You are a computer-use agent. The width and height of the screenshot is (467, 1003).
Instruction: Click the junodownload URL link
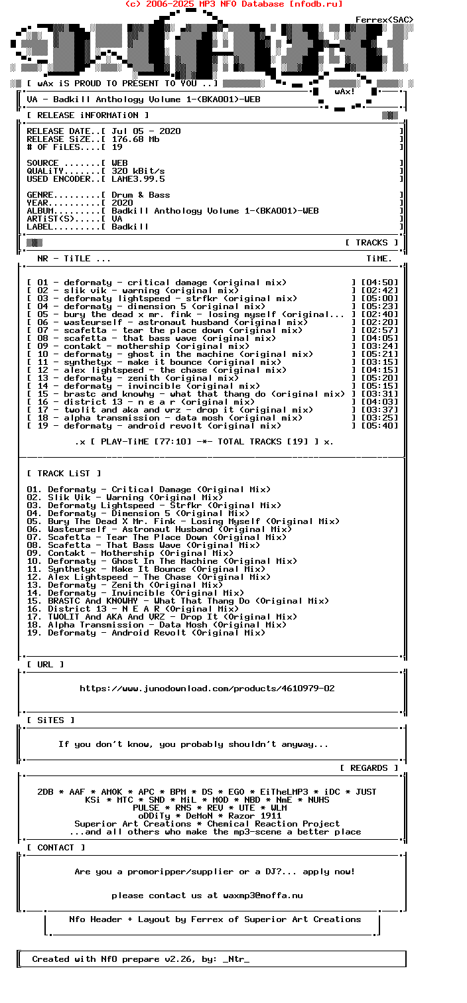pyautogui.click(x=207, y=689)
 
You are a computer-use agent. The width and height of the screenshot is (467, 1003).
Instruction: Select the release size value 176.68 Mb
pyautogui.click(x=135, y=139)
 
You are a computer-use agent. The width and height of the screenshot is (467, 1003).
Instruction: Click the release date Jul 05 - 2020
pyautogui.click(x=146, y=131)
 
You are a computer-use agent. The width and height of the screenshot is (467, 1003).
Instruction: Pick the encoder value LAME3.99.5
pyautogui.click(x=138, y=179)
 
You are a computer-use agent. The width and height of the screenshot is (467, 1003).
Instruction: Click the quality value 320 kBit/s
pyautogui.click(x=138, y=171)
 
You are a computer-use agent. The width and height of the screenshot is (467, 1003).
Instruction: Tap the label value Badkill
pyautogui.click(x=130, y=227)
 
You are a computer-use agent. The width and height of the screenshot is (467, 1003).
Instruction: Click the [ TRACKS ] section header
pyautogui.click(x=371, y=243)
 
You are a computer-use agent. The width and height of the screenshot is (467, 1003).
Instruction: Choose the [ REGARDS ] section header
pyautogui.click(x=369, y=768)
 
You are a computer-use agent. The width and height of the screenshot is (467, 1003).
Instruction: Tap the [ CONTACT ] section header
pyautogui.click(x=56, y=848)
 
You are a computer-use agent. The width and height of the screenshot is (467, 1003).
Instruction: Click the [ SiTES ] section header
pyautogui.click(x=50, y=720)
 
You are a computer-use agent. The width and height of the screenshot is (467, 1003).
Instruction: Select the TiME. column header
pyautogui.click(x=379, y=259)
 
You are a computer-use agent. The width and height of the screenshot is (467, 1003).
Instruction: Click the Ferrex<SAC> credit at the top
pyautogui.click(x=384, y=20)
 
